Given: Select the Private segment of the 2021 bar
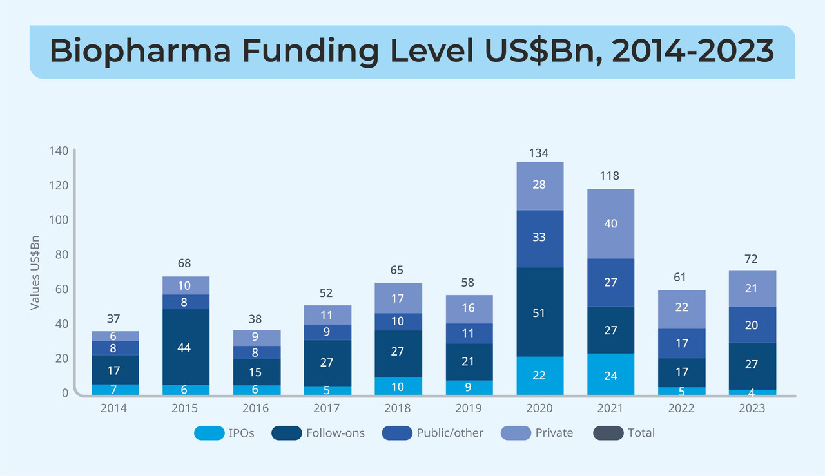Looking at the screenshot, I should [x=611, y=224].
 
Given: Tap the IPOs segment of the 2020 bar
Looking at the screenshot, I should [x=540, y=376].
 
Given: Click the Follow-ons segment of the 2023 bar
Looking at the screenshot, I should [x=752, y=365].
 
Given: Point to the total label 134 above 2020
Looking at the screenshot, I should [x=539, y=153].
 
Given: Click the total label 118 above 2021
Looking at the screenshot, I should [x=609, y=175].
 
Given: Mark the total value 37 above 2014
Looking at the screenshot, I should [x=113, y=319].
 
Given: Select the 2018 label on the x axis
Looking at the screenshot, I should [x=398, y=408].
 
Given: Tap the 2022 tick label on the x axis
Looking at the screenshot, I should [x=681, y=408].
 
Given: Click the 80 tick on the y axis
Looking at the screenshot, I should [x=61, y=254].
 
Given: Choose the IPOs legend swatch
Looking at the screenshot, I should [x=209, y=433].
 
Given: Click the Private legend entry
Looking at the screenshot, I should [x=554, y=433].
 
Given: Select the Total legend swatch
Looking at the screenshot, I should [x=608, y=433].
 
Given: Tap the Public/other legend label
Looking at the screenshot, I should [x=450, y=433].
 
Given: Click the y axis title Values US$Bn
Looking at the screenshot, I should [x=35, y=272].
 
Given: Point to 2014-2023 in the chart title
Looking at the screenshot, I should [x=692, y=51].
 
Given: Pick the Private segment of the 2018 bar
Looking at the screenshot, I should [x=398, y=298].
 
